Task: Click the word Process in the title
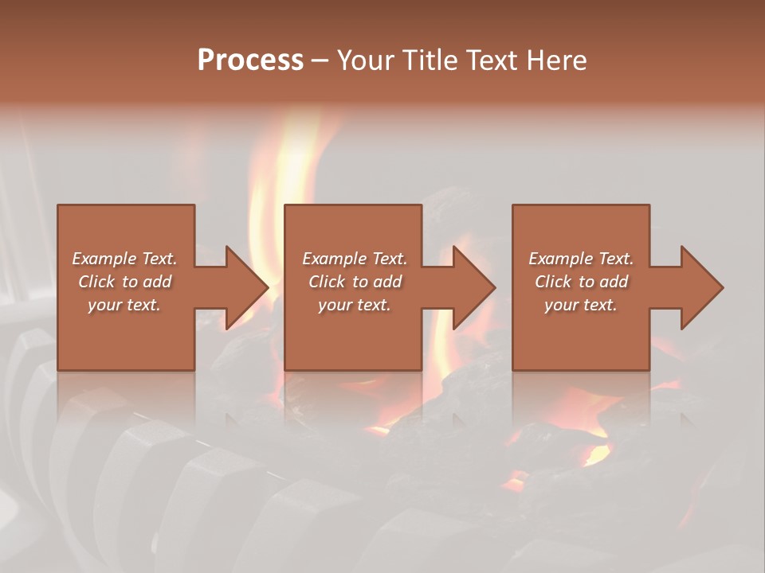point(250,60)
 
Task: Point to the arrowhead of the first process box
point(242,287)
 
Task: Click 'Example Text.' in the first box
point(124,259)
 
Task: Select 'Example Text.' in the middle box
point(355,259)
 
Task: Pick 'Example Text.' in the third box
point(581,259)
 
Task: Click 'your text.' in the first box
point(124,305)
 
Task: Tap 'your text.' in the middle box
point(355,305)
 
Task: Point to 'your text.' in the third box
point(581,305)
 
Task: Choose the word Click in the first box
point(96,282)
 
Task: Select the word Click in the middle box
point(326,282)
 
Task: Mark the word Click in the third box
point(552,282)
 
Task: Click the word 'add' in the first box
point(157,282)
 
